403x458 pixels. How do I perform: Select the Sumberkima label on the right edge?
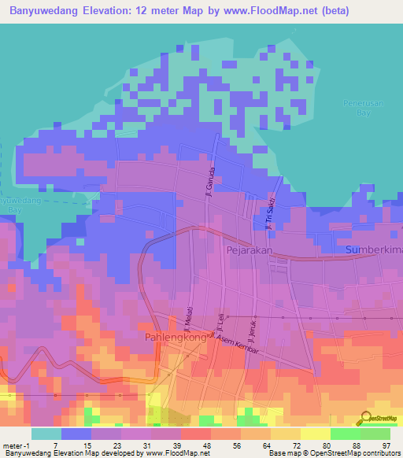point(374,249)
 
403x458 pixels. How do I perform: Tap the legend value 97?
point(375,446)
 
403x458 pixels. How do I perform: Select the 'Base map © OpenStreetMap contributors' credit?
point(334,454)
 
